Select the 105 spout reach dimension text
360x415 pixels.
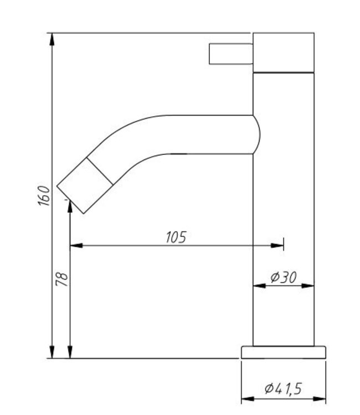coord(176,237)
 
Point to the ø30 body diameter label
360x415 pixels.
coord(284,278)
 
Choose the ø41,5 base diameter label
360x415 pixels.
coord(283,390)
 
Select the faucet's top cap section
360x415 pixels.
coord(284,52)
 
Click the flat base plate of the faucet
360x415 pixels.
coord(283,352)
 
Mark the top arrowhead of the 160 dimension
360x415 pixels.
coord(52,38)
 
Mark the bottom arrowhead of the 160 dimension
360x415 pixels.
coord(52,352)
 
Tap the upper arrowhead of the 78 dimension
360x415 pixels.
coord(70,205)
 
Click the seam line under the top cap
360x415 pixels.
coord(284,72)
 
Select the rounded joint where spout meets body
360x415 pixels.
coord(255,134)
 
